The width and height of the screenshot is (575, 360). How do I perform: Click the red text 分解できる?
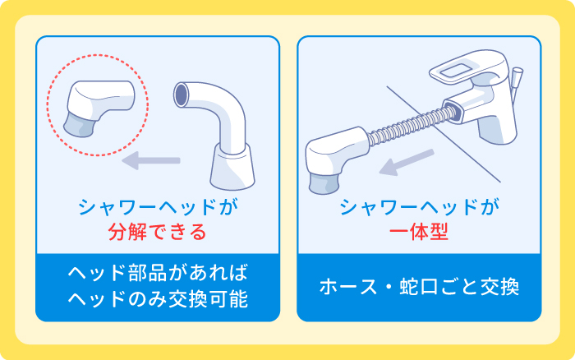click(157, 232)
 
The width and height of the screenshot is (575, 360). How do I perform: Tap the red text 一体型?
click(418, 232)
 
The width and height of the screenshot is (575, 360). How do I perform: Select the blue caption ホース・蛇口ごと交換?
click(419, 288)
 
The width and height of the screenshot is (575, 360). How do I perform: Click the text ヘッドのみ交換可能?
click(157, 300)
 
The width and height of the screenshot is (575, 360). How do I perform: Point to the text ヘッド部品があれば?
click(157, 274)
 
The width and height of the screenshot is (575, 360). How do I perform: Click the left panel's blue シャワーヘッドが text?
click(157, 207)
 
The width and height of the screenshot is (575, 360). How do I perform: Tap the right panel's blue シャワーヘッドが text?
click(419, 207)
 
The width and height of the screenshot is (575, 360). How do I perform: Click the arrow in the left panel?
click(151, 159)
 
